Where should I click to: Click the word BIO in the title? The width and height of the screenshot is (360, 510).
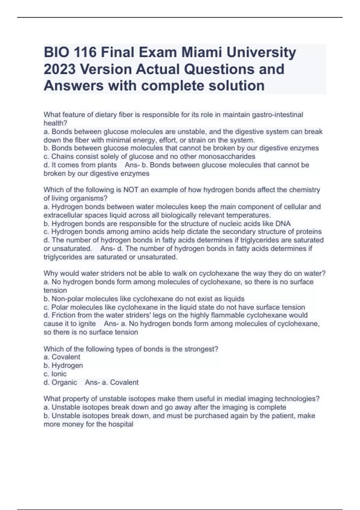coord(56,53)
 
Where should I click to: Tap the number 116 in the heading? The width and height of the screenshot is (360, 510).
coord(85,53)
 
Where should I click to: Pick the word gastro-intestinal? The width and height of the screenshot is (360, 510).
coord(278,115)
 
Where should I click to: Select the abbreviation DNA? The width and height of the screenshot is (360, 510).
coord(283,223)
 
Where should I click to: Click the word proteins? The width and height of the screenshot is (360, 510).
coord(309,232)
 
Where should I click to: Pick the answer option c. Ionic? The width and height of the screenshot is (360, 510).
coord(55,374)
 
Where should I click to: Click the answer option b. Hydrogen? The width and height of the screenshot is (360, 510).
coord(63,365)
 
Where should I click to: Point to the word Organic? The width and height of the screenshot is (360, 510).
coord(64,382)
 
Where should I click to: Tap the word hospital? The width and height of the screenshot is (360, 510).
coord(121,424)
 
